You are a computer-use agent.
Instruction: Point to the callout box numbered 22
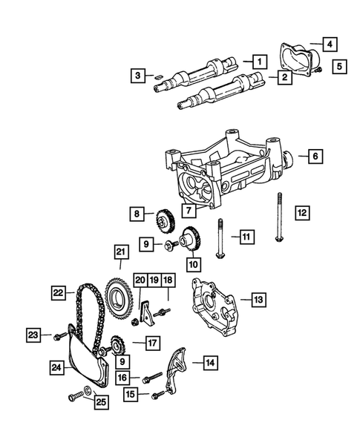[x=59, y=293]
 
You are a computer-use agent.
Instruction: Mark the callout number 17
[x=152, y=343]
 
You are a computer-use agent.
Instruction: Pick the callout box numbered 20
[x=140, y=279]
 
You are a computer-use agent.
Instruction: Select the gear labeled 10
[x=190, y=240]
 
